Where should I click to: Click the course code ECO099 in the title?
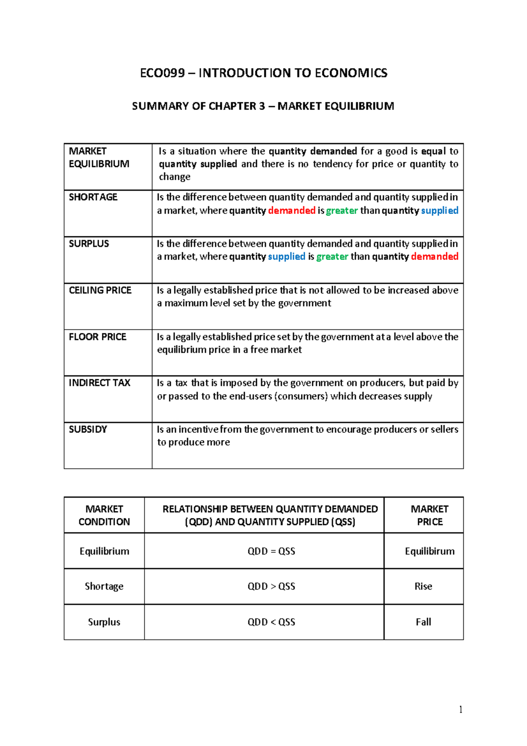[162, 73]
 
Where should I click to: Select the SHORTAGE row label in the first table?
[93, 197]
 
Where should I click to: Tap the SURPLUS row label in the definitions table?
[89, 244]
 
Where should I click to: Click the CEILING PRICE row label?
[100, 290]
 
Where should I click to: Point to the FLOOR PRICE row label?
[97, 337]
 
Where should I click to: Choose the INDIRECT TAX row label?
[99, 383]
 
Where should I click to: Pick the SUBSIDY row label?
[88, 430]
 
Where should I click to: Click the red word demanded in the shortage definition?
[292, 211]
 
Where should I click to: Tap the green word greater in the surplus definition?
[332, 257]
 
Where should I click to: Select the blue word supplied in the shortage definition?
[440, 211]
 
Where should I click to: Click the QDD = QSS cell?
[271, 551]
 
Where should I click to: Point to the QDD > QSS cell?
[271, 587]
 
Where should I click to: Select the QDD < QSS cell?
[271, 622]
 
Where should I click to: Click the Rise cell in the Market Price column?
[423, 587]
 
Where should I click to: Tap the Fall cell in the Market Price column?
[423, 622]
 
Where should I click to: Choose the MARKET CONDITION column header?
[104, 515]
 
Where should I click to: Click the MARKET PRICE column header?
[430, 515]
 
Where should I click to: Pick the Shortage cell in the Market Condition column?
[104, 587]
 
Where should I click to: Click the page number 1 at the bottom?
[460, 710]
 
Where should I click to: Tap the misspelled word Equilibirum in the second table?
[430, 551]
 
